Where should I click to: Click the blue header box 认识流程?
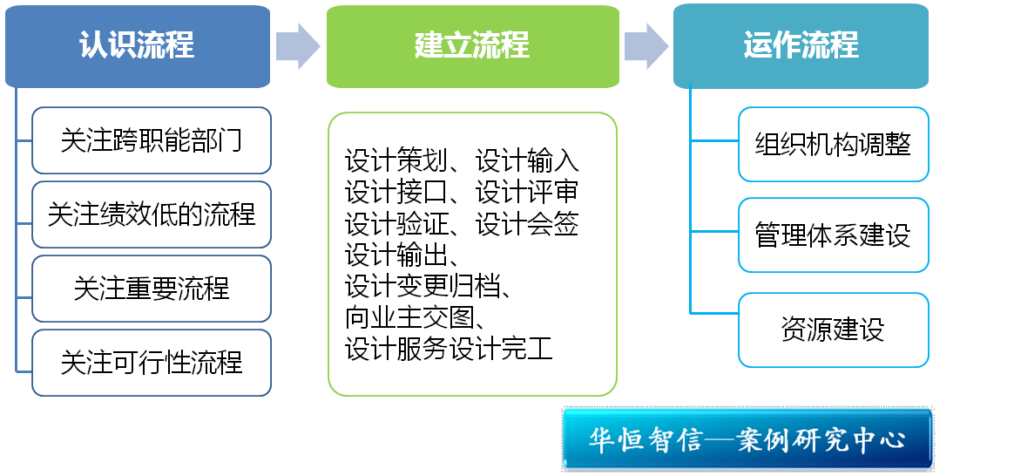click(x=138, y=46)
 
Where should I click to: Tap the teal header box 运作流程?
click(x=801, y=45)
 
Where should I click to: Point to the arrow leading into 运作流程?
click(x=646, y=46)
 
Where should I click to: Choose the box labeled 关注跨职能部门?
click(x=152, y=140)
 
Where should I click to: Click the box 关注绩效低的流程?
click(x=152, y=214)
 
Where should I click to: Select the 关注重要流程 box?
click(x=152, y=289)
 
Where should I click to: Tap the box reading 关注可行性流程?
click(x=152, y=362)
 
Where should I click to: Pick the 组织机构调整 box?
click(x=833, y=144)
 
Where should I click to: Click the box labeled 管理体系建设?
click(x=833, y=235)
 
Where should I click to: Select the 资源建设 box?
click(x=833, y=330)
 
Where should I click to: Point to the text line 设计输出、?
click(x=402, y=255)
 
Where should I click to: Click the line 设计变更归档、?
click(x=428, y=285)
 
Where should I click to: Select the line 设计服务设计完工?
click(x=449, y=348)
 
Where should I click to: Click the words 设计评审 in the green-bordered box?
click(x=527, y=192)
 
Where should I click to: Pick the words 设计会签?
click(x=527, y=223)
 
